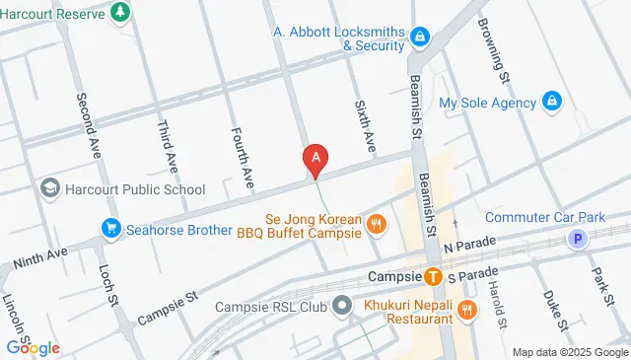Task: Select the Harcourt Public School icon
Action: (49, 188)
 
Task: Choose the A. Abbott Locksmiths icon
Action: (420, 36)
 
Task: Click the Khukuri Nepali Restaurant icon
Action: (467, 310)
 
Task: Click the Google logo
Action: (33, 347)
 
